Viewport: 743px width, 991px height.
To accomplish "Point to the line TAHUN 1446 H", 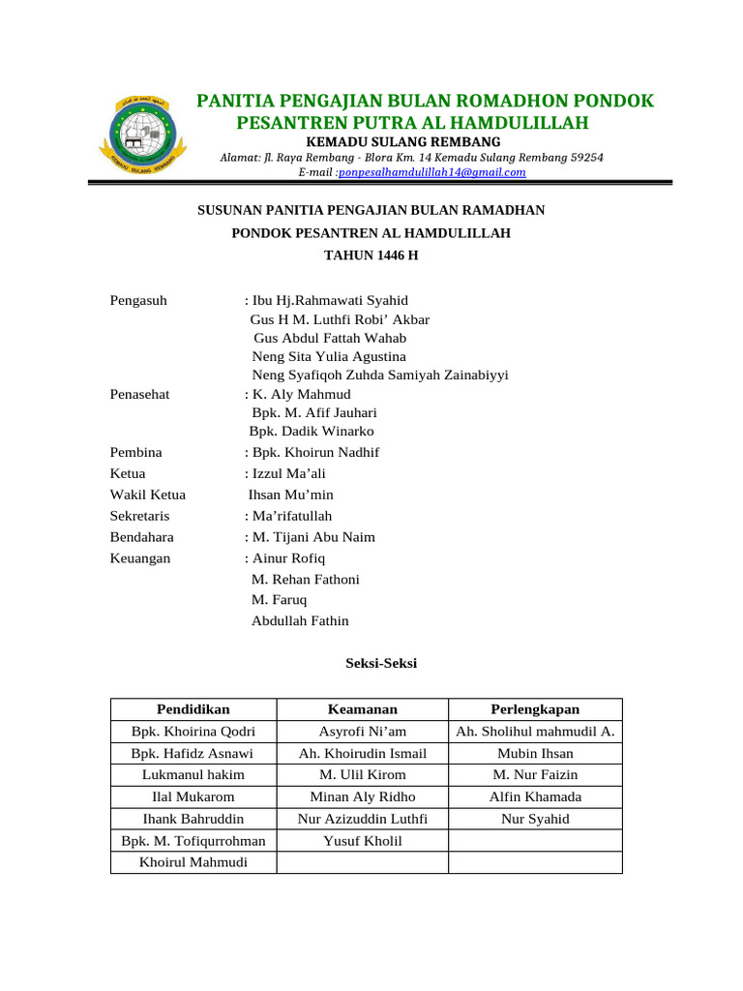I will [371, 255].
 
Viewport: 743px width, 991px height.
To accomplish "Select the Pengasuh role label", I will [139, 300].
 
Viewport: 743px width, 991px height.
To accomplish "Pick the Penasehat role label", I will [142, 394].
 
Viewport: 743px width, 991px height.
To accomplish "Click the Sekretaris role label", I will [140, 516].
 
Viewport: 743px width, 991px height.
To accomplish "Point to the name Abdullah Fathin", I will [300, 621].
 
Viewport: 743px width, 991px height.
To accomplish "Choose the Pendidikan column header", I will [193, 709].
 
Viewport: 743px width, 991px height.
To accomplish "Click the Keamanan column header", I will [363, 709].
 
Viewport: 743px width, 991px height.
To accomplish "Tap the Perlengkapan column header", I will [535, 709].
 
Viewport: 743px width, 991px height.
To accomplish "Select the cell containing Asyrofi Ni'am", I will [363, 732].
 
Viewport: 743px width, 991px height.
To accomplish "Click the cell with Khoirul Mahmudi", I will [193, 862].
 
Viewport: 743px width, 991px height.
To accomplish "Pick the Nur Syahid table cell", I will [535, 819].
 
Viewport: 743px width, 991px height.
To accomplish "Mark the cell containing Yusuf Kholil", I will [363, 841].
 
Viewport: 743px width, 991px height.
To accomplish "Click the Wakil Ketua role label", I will [148, 495].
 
